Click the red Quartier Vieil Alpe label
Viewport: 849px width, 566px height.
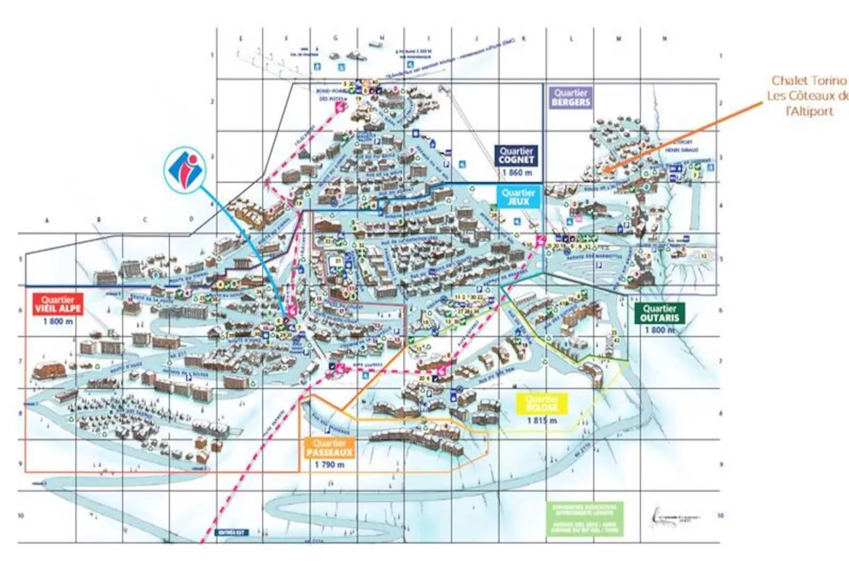(58, 304)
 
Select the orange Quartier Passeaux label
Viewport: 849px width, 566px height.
(329, 448)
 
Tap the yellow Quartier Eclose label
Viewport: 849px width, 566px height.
(542, 404)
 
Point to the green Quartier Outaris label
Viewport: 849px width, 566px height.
(660, 313)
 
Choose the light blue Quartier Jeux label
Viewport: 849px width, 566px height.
(518, 197)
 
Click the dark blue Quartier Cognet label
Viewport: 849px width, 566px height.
(517, 156)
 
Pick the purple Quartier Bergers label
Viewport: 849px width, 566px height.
(570, 97)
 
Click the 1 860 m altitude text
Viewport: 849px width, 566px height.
(517, 172)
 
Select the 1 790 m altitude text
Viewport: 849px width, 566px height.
(329, 464)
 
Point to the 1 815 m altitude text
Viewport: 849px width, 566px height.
(542, 421)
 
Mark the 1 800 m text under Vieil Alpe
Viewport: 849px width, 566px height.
(58, 321)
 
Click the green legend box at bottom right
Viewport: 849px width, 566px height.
(584, 518)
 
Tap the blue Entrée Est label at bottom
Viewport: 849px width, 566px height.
(232, 533)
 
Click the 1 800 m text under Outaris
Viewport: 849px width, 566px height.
(660, 330)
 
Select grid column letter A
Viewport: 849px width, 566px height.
(47, 220)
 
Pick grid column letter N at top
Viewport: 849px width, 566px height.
(665, 39)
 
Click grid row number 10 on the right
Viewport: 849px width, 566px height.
(721, 515)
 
